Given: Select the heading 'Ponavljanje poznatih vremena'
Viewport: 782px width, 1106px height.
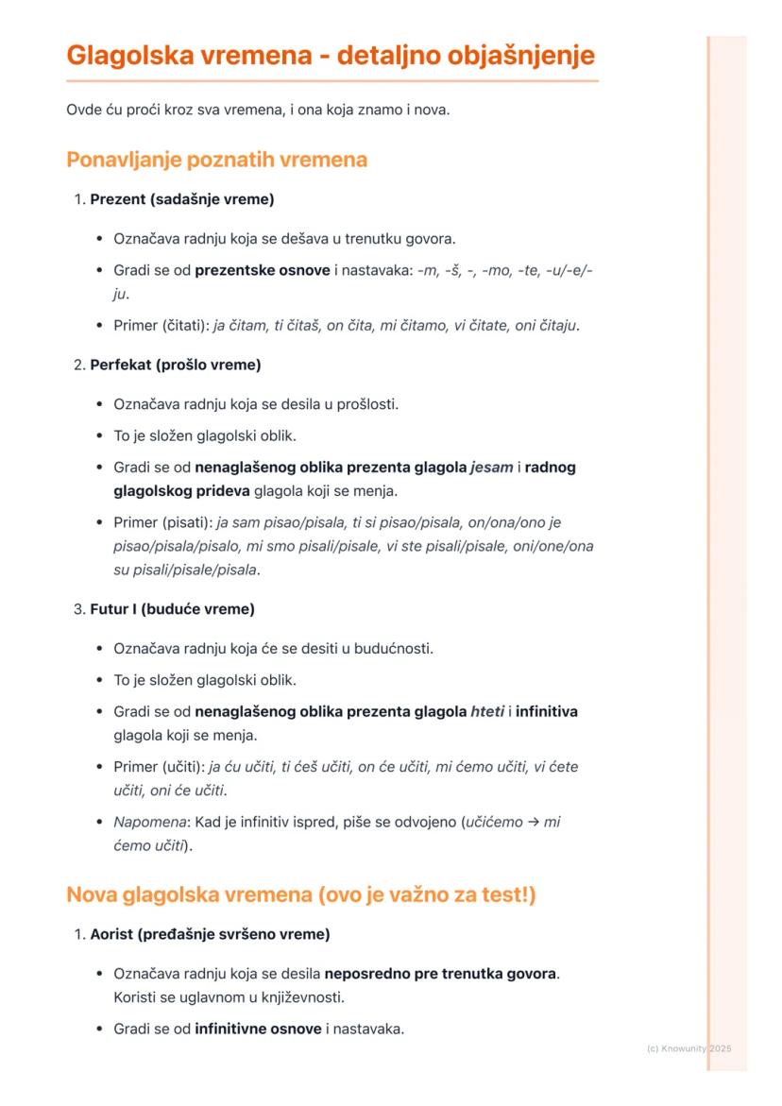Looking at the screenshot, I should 216,160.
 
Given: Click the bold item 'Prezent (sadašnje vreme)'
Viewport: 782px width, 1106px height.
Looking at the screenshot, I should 182,199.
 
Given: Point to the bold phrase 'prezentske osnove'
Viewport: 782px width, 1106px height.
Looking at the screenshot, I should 263,271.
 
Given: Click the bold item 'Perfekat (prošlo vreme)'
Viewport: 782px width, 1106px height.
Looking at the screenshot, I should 176,365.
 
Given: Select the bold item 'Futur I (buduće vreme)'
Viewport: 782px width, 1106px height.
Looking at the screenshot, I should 172,609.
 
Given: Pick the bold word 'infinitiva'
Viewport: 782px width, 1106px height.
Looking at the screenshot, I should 547,711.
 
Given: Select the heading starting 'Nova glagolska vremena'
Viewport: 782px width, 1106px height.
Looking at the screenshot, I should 300,894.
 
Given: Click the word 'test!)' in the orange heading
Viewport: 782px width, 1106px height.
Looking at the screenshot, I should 503,894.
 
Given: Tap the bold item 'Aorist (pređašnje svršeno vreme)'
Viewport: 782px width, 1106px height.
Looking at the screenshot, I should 210,934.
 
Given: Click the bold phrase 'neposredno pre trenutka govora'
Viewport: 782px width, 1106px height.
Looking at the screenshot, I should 440,973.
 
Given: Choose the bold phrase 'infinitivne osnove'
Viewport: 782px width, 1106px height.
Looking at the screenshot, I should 258,1029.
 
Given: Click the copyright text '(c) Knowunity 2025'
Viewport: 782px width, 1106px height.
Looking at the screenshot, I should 689,1048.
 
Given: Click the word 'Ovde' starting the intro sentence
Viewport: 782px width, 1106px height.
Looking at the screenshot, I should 83,111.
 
